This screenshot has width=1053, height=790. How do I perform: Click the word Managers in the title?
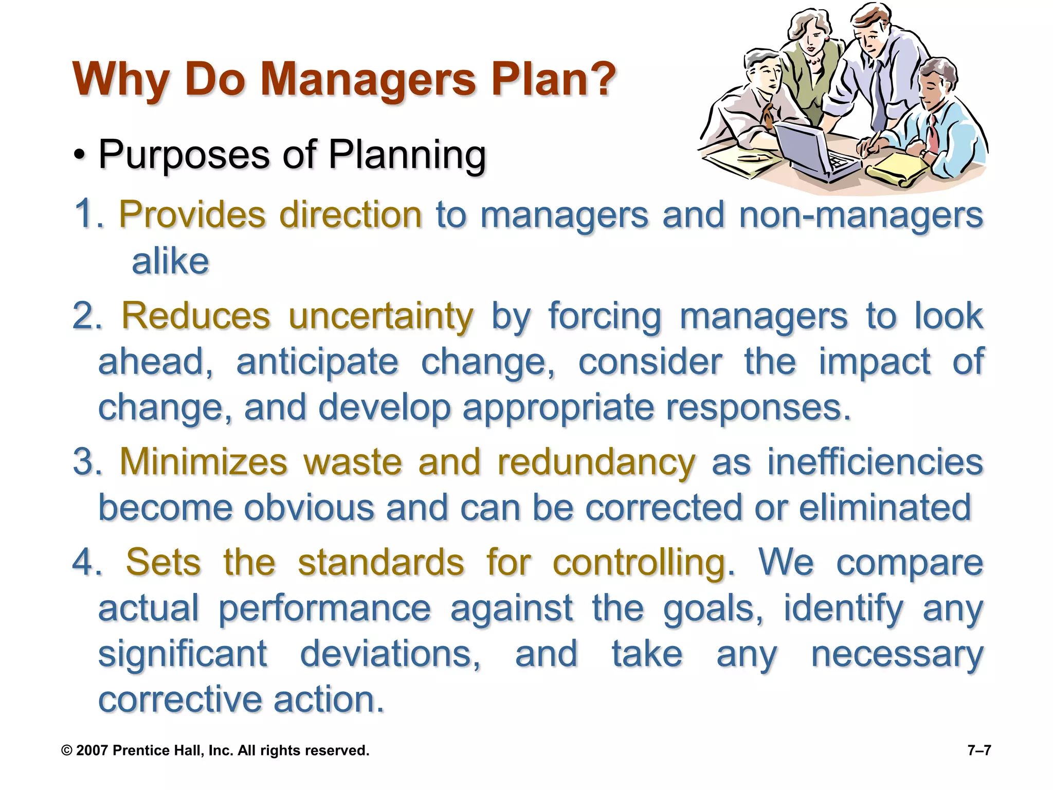368,80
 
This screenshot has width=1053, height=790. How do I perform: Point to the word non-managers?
861,215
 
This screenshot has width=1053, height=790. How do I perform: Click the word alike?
170,262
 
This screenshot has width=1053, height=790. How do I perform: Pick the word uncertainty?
380,316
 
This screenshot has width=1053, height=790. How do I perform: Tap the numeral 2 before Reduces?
84,316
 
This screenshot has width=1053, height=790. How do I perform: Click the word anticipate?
317,362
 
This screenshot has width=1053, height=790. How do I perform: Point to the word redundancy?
596,462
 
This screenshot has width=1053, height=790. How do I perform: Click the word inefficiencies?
875,462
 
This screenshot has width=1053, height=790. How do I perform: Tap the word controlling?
643,562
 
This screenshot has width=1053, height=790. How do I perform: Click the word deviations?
390,654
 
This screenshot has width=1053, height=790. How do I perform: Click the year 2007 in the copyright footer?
92,750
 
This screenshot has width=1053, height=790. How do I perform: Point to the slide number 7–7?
979,750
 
